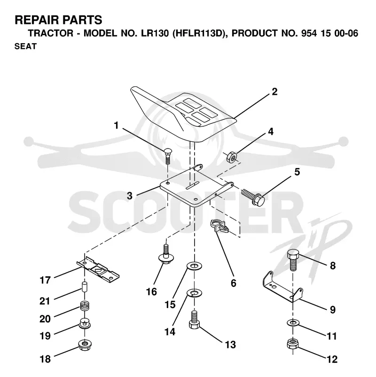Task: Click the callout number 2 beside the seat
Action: [x=274, y=92]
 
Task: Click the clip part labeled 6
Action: [x=219, y=225]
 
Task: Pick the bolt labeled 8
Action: [x=293, y=260]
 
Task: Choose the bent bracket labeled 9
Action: [x=282, y=287]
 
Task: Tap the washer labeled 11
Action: [x=293, y=323]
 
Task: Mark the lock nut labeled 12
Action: [x=293, y=344]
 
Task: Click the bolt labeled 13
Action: [x=194, y=320]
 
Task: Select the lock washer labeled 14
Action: [x=194, y=293]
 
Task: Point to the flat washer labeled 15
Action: [x=194, y=266]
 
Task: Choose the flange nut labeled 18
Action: [x=85, y=345]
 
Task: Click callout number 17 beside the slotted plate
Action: [x=45, y=280]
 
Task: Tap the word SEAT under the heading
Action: [x=25, y=46]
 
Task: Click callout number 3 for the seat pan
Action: [x=130, y=196]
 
